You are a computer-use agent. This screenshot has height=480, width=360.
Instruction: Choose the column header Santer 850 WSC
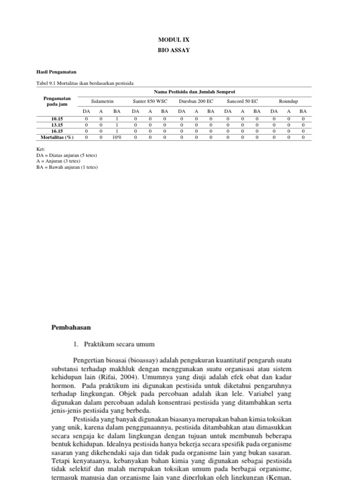pyautogui.click(x=150, y=101)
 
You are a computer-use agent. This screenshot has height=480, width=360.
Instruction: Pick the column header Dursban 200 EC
pyautogui.click(x=196, y=101)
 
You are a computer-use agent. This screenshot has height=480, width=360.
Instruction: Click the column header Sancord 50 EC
pyautogui.click(x=242, y=101)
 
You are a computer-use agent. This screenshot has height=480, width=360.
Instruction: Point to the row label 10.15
pyautogui.click(x=57, y=119)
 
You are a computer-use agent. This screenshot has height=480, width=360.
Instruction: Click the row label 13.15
pyautogui.click(x=57, y=125)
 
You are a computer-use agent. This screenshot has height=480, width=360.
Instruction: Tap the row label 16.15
pyautogui.click(x=57, y=131)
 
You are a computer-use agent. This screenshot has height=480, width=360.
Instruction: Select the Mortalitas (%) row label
pyautogui.click(x=57, y=137)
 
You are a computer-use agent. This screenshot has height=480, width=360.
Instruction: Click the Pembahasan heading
pyautogui.click(x=71, y=327)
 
